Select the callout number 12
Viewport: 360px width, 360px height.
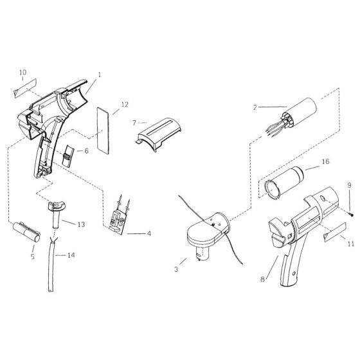click(125, 104)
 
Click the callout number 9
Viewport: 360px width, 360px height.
click(349, 186)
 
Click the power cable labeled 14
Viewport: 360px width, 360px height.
click(49, 270)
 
